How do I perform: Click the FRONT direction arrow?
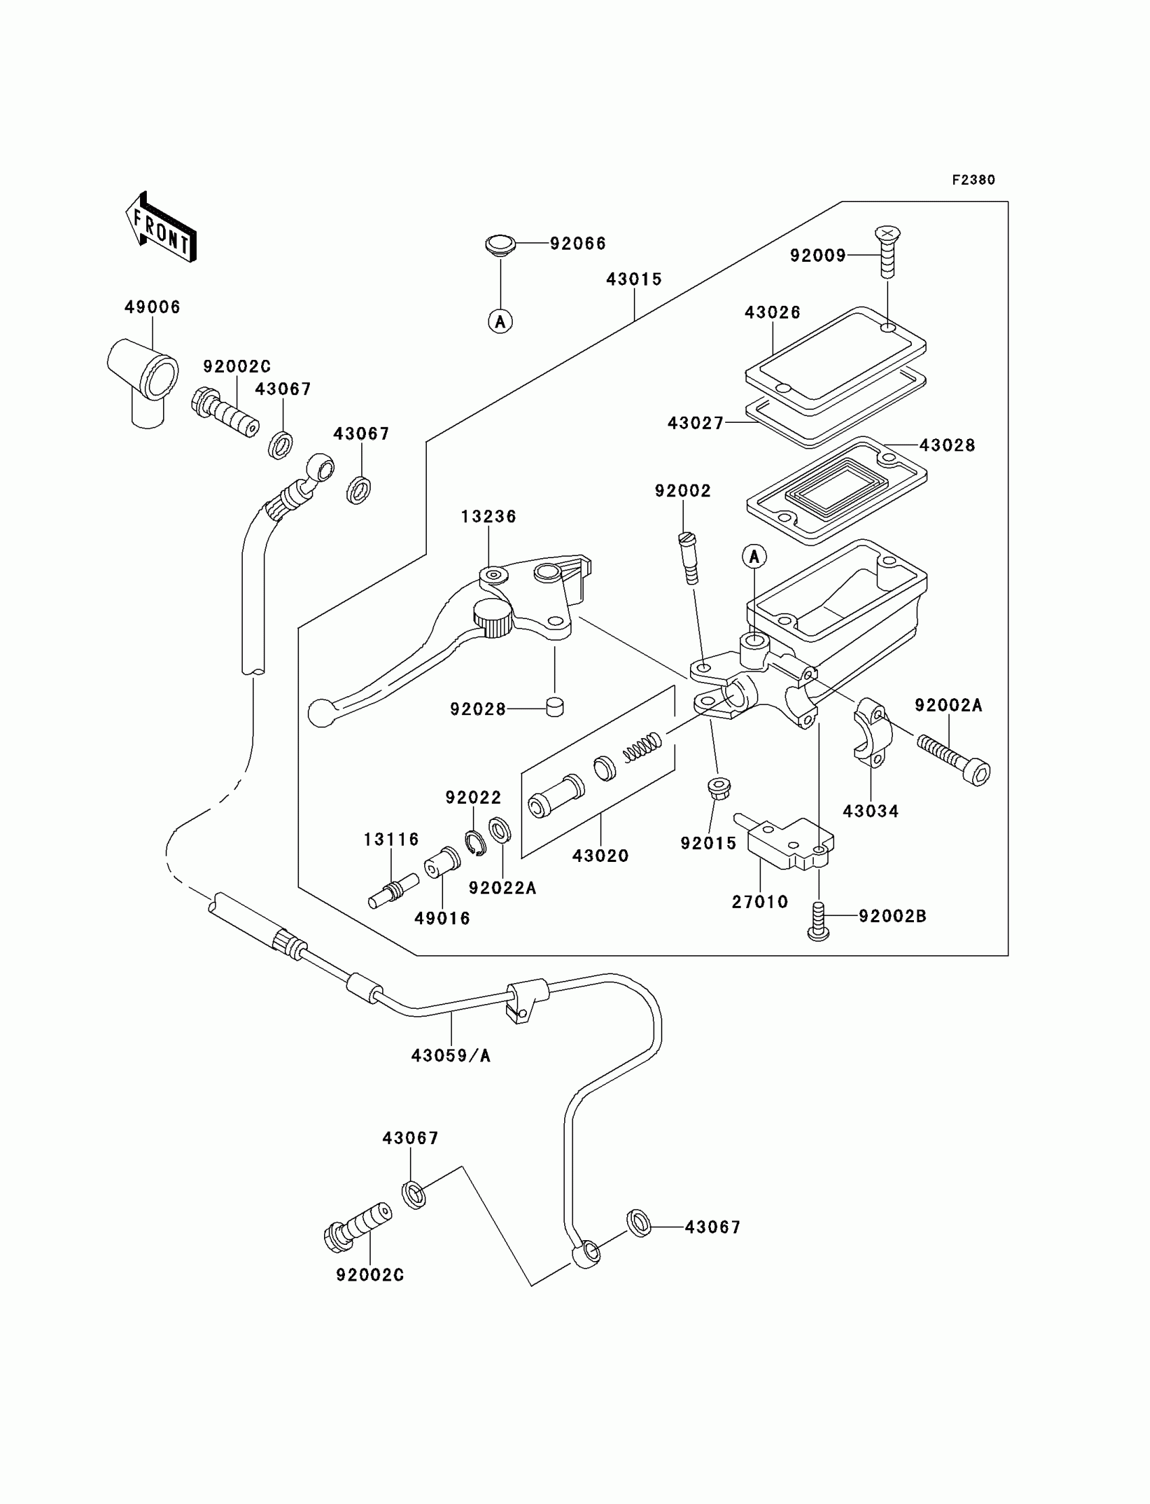click(x=161, y=227)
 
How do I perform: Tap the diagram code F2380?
click(x=973, y=180)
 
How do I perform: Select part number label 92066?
click(x=578, y=244)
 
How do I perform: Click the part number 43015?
click(x=634, y=279)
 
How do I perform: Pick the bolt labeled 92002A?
click(x=954, y=760)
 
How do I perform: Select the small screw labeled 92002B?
click(x=819, y=921)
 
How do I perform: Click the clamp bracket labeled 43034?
click(x=870, y=730)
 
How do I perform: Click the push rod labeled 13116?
click(x=393, y=891)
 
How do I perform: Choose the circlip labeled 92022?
click(x=476, y=842)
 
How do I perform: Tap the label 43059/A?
click(x=451, y=1055)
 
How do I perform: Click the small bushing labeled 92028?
click(x=555, y=706)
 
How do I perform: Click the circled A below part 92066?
click(x=501, y=321)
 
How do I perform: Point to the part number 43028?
click(x=947, y=445)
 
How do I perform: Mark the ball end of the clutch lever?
click(x=320, y=712)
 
